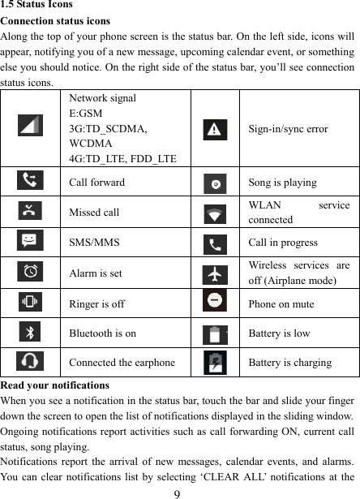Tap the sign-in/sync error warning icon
tap(215, 128)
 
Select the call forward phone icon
tap(31, 182)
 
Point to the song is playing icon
tap(215, 183)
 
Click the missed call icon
tap(31, 212)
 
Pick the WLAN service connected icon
tap(215, 213)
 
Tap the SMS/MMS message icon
tap(31, 242)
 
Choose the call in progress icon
tap(215, 243)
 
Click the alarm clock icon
tap(31, 272)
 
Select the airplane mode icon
tap(215, 273)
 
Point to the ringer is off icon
tap(31, 302)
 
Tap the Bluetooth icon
tap(31, 332)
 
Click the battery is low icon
tap(215, 333)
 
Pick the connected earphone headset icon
tap(31, 362)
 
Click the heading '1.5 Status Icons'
tap(36, 5)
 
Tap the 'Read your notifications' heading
tap(55, 385)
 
